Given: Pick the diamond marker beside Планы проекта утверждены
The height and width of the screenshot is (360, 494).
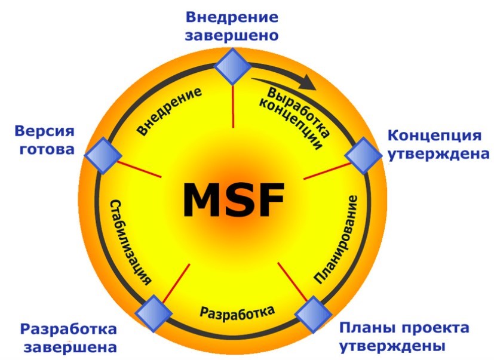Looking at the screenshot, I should click(314, 313).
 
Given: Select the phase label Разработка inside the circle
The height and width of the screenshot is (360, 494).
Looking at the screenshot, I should click(237, 312).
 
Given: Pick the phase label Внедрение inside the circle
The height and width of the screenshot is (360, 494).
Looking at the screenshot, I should click(168, 111).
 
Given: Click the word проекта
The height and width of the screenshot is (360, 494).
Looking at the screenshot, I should click(435, 328).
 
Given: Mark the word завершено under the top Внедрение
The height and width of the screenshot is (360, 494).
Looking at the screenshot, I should click(232, 35).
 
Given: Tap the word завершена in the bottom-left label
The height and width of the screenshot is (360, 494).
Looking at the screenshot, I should click(67, 347).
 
